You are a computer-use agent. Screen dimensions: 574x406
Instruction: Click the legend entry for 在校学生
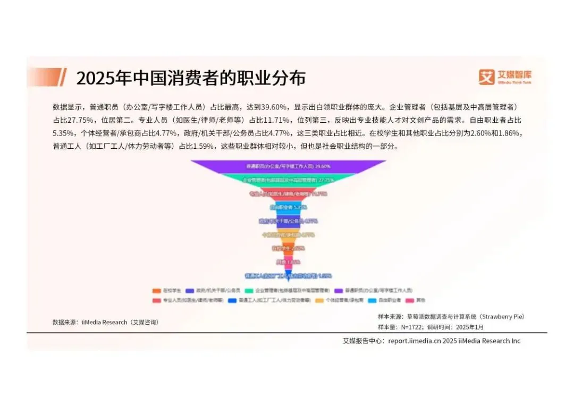pyautogui.click(x=168, y=291)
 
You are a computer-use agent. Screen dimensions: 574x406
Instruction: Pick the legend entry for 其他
pyautogui.click(x=417, y=300)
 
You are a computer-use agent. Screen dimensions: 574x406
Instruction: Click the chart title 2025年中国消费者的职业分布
pyautogui.click(x=191, y=78)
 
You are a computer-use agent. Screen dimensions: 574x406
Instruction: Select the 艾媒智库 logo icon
pyautogui.click(x=486, y=77)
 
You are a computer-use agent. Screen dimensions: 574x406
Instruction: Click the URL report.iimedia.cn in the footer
pyautogui.click(x=413, y=341)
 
